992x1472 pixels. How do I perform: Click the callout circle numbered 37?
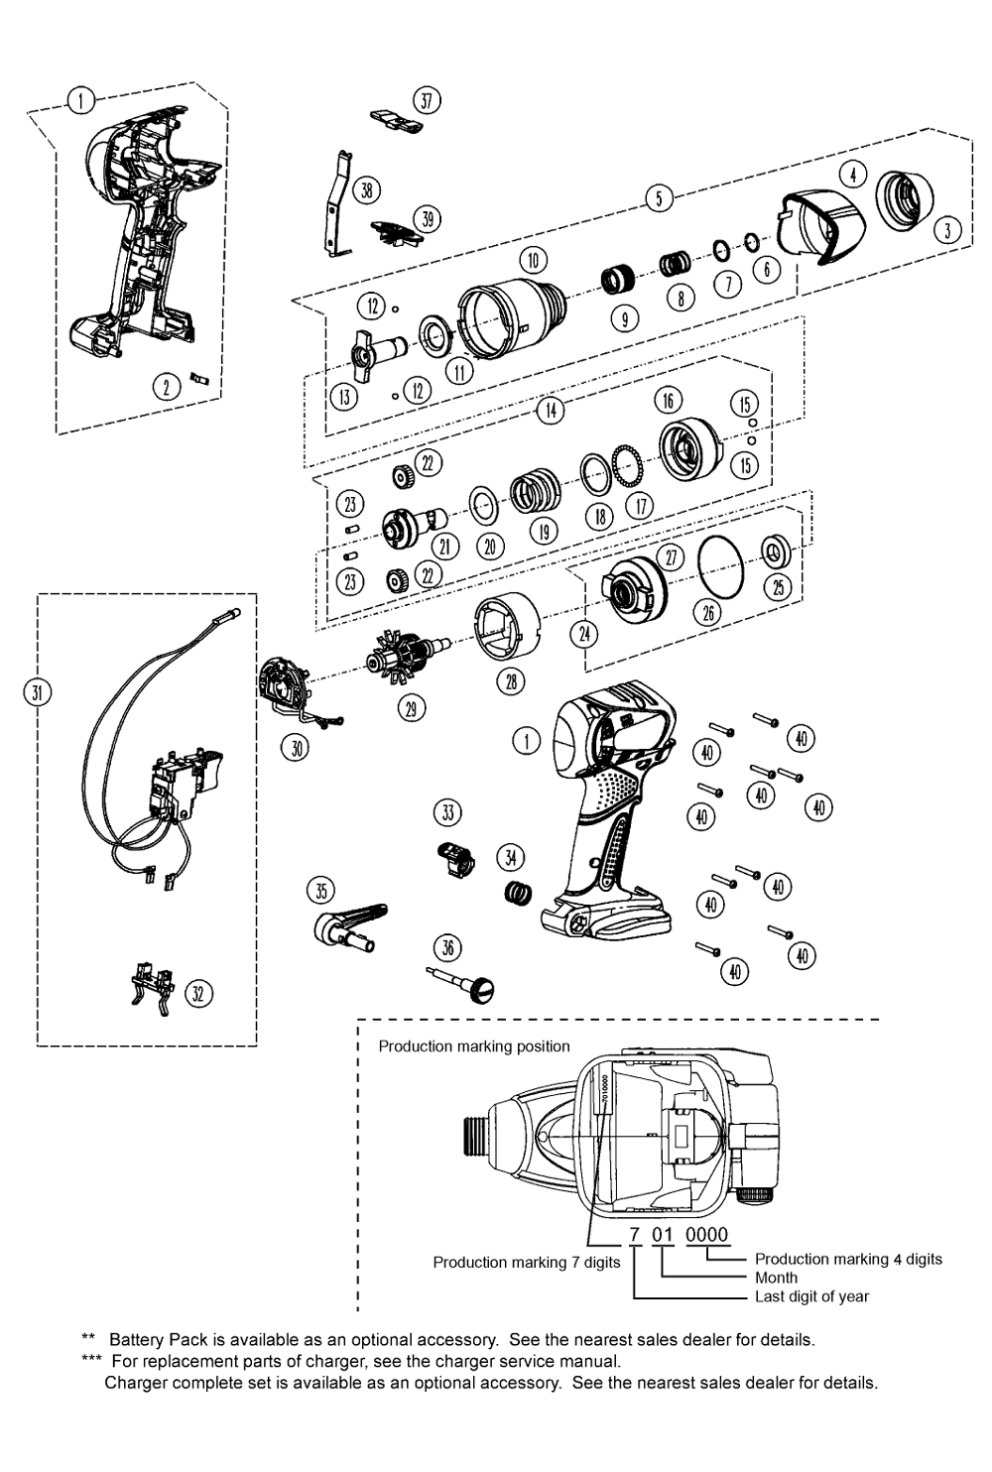[427, 100]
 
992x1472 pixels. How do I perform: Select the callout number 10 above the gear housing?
[533, 260]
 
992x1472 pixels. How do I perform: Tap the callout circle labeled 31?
[37, 692]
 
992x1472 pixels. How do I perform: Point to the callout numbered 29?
[410, 706]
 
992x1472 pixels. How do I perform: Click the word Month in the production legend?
[776, 1278]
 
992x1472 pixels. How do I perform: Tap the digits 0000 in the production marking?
[707, 1235]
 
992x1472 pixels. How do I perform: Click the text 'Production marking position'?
[474, 1046]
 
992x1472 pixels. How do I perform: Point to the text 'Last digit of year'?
[811, 1296]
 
